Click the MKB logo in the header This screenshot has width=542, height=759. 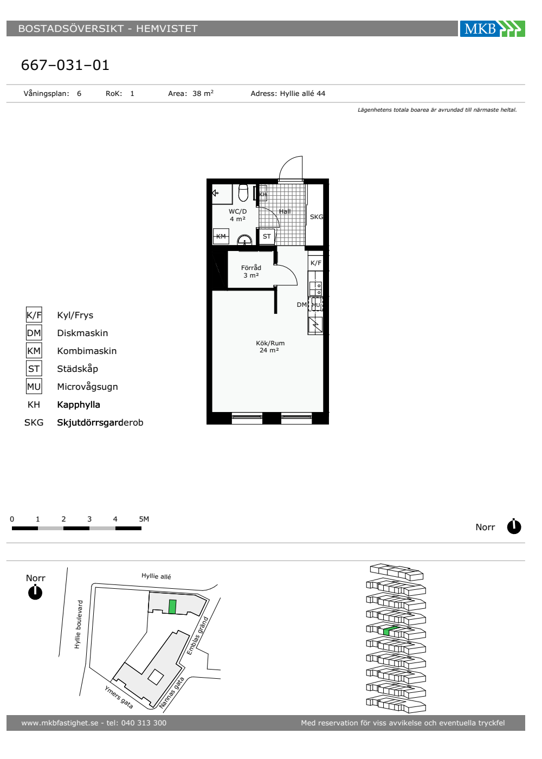click(492, 28)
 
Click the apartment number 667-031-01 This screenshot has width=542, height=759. click(65, 65)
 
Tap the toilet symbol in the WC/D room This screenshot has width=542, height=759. click(243, 193)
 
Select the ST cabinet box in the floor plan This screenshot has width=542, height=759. click(267, 236)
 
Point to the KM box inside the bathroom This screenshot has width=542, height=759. click(221, 236)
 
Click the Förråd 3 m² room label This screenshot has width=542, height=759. click(251, 272)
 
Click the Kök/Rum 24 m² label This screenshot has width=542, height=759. click(270, 346)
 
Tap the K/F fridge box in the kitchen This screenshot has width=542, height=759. click(315, 263)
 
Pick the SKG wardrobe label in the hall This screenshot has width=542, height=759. click(317, 217)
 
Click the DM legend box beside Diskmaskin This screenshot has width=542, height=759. click(34, 333)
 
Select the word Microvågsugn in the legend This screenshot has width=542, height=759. click(87, 387)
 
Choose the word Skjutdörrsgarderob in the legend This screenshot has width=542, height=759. click(100, 422)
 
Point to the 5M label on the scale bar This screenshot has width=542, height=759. click(144, 519)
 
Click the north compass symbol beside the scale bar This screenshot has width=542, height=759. click(514, 527)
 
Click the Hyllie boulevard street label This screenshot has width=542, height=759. click(78, 625)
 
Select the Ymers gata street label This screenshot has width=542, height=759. click(119, 697)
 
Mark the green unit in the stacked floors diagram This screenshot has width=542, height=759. click(390, 631)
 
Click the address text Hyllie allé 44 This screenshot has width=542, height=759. click(302, 93)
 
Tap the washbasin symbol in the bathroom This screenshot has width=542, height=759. click(244, 240)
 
